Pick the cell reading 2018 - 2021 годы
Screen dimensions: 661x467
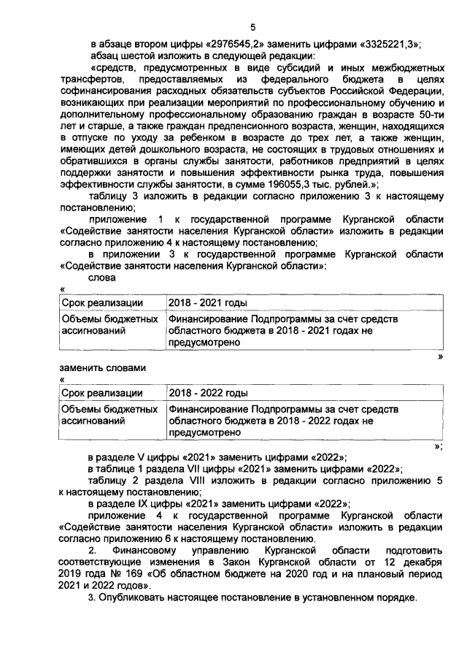[207, 302]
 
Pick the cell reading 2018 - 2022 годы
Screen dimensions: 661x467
[207, 393]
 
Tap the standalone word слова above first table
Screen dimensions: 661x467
[101, 278]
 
